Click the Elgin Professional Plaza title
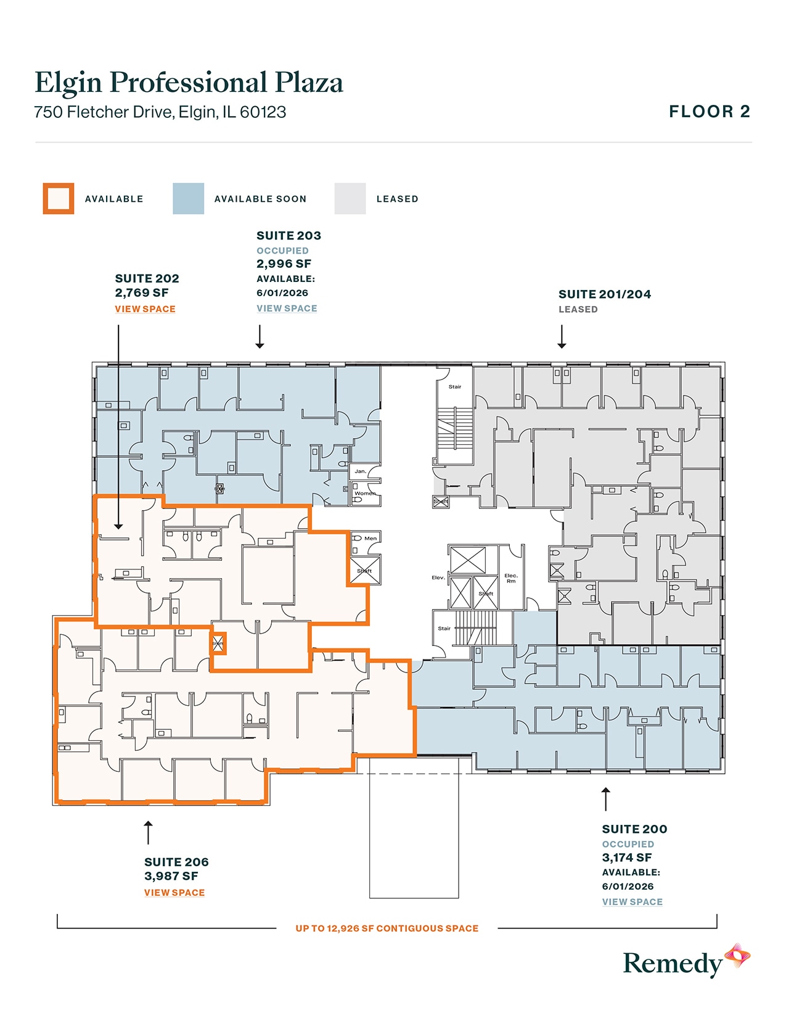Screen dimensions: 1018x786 (x=189, y=83)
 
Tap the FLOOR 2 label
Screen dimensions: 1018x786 (x=710, y=112)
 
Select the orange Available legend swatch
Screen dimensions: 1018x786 (x=59, y=199)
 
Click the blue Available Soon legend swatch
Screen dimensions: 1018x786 (x=188, y=199)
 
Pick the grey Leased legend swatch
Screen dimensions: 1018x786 (x=350, y=199)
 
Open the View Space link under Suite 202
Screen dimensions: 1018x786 (x=145, y=309)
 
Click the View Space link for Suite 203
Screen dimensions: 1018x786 (x=287, y=308)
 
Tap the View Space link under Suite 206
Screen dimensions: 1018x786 (x=174, y=893)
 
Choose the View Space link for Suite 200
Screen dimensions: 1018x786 (x=632, y=902)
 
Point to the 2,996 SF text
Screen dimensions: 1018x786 (x=284, y=264)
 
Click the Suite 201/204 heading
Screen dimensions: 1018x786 (x=604, y=294)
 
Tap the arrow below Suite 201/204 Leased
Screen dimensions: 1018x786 (x=562, y=337)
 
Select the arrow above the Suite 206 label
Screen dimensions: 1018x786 (x=148, y=832)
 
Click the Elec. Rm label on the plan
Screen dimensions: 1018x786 (x=511, y=578)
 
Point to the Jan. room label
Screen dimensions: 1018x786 (x=361, y=471)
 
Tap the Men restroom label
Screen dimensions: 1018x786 (x=370, y=539)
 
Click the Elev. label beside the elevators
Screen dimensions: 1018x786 (x=438, y=577)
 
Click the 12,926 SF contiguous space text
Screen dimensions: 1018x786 (x=387, y=929)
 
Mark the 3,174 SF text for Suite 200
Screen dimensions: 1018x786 (x=626, y=858)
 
